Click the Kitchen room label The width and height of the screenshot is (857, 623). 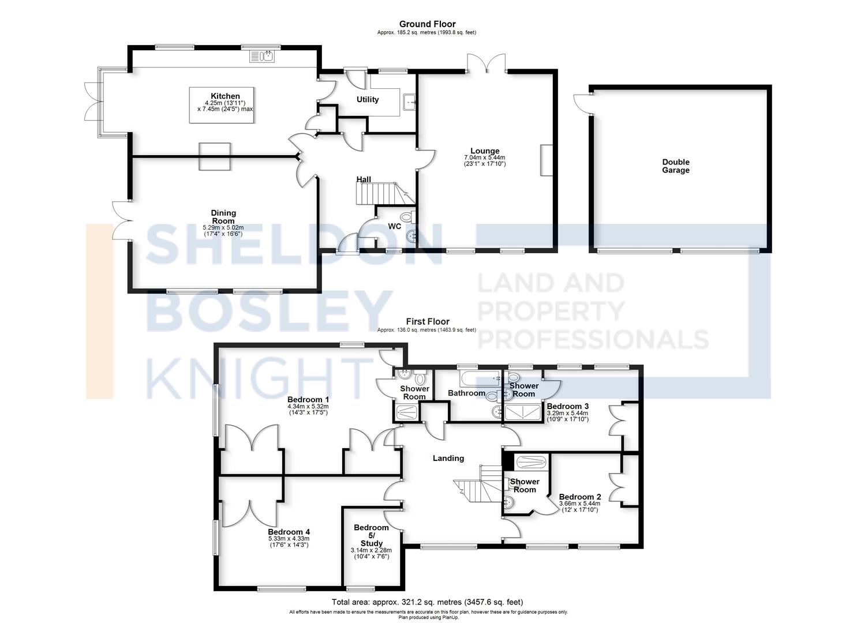(x=225, y=96)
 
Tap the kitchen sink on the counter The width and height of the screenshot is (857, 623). (x=262, y=56)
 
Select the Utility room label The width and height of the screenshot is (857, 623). (x=367, y=99)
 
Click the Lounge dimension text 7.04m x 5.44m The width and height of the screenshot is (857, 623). (x=484, y=157)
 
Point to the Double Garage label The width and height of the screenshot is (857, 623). (x=676, y=166)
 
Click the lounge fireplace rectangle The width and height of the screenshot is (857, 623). (x=547, y=160)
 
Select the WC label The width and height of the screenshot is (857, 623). (x=394, y=226)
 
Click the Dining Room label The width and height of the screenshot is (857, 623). (x=223, y=217)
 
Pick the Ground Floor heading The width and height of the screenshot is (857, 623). (x=428, y=24)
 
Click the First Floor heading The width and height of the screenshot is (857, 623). (x=428, y=322)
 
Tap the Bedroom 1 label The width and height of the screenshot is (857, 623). (x=308, y=400)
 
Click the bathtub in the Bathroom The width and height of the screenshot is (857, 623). (x=481, y=378)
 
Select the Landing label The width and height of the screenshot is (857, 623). (x=448, y=458)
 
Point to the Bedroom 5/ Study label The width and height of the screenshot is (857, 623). (x=371, y=535)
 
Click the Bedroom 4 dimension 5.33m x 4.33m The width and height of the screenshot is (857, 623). (x=289, y=538)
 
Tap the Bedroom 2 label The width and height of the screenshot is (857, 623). (x=580, y=497)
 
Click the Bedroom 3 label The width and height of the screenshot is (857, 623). (x=568, y=406)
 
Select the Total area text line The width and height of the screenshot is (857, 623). (x=428, y=602)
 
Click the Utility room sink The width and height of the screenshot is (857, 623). (x=410, y=102)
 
